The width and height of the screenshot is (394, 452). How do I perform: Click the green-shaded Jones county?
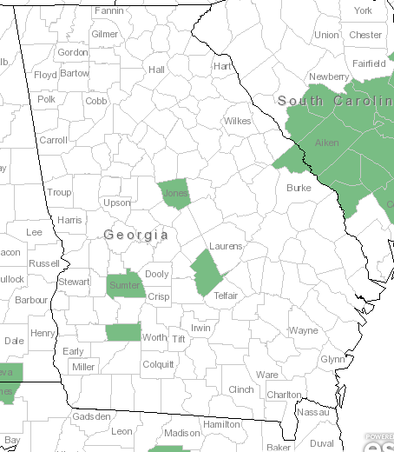tap(175, 194)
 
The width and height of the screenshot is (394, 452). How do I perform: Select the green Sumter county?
tap(124, 285)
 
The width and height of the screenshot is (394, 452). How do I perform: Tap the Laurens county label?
tap(226, 246)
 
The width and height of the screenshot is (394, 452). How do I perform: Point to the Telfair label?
tap(226, 296)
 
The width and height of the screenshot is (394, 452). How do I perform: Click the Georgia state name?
tap(135, 235)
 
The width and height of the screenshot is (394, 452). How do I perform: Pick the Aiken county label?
tap(327, 142)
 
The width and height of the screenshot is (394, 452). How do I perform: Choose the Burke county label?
tap(299, 188)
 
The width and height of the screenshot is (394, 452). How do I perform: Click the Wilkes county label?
tap(238, 121)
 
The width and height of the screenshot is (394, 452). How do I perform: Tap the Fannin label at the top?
tap(108, 11)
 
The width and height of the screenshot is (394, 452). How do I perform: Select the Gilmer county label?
tap(104, 34)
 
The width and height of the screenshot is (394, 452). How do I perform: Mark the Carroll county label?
tap(53, 140)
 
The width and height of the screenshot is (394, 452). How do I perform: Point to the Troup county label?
tap(60, 192)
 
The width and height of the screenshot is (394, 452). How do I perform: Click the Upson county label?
tap(117, 203)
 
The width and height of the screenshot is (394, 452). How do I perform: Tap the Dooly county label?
tap(157, 274)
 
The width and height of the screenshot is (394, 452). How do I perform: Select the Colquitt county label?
tap(158, 365)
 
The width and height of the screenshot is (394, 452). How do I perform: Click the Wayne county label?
tap(303, 330)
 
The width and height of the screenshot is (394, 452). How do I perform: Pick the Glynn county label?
tap(332, 359)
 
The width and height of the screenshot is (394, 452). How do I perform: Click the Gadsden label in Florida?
tap(92, 417)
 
